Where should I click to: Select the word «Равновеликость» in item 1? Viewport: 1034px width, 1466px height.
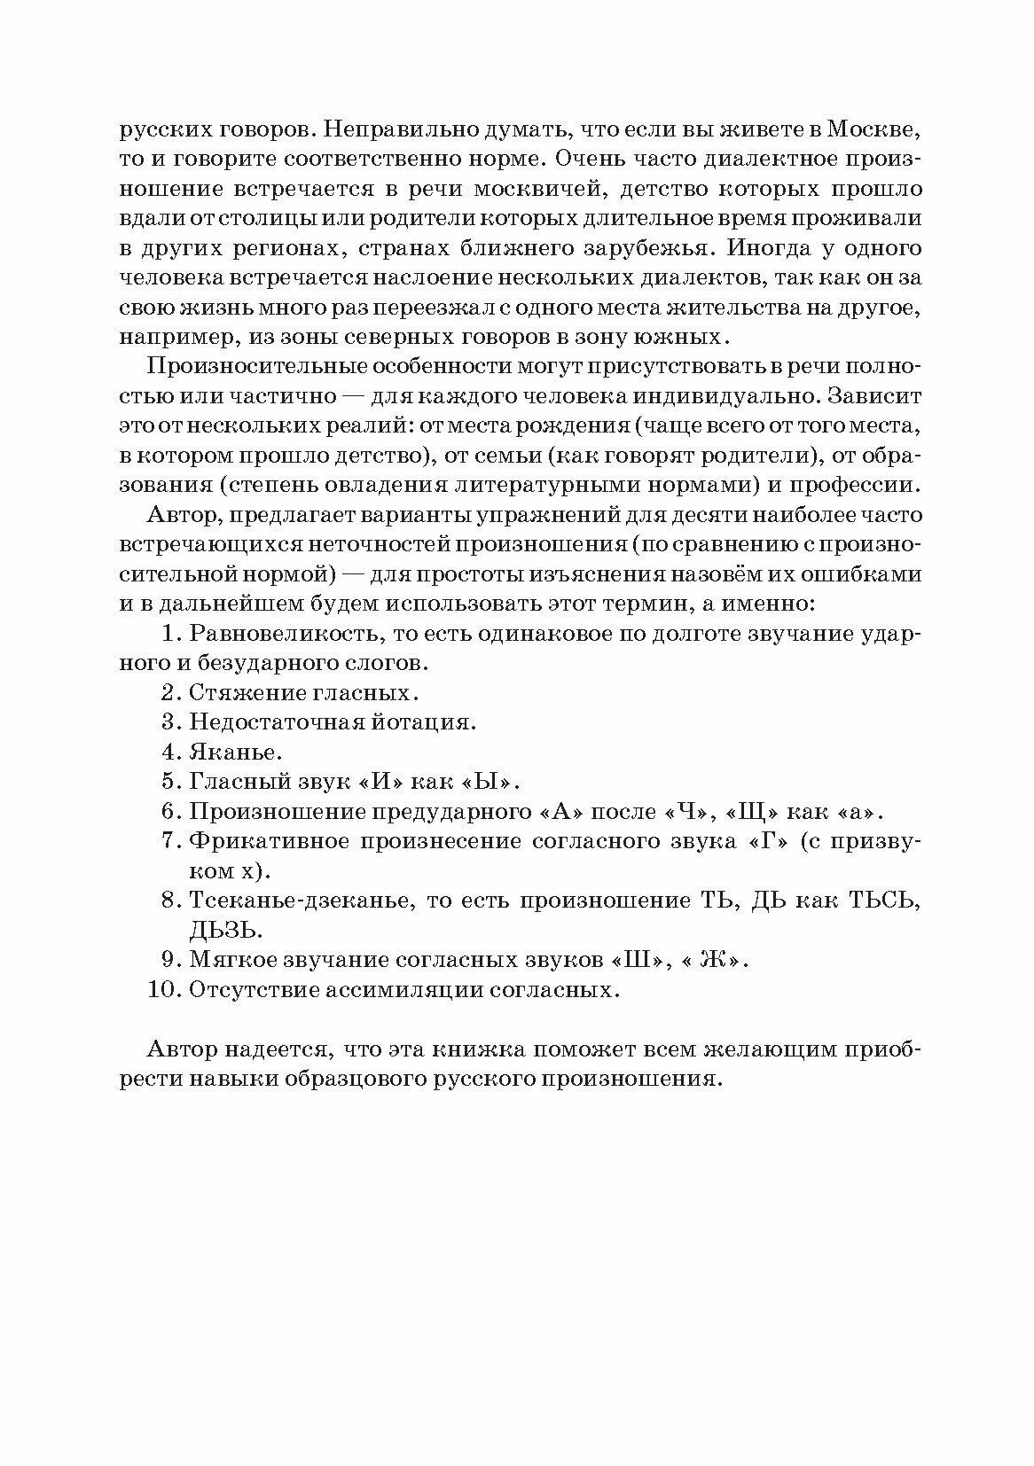(287, 634)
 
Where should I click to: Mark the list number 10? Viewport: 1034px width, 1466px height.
(164, 990)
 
